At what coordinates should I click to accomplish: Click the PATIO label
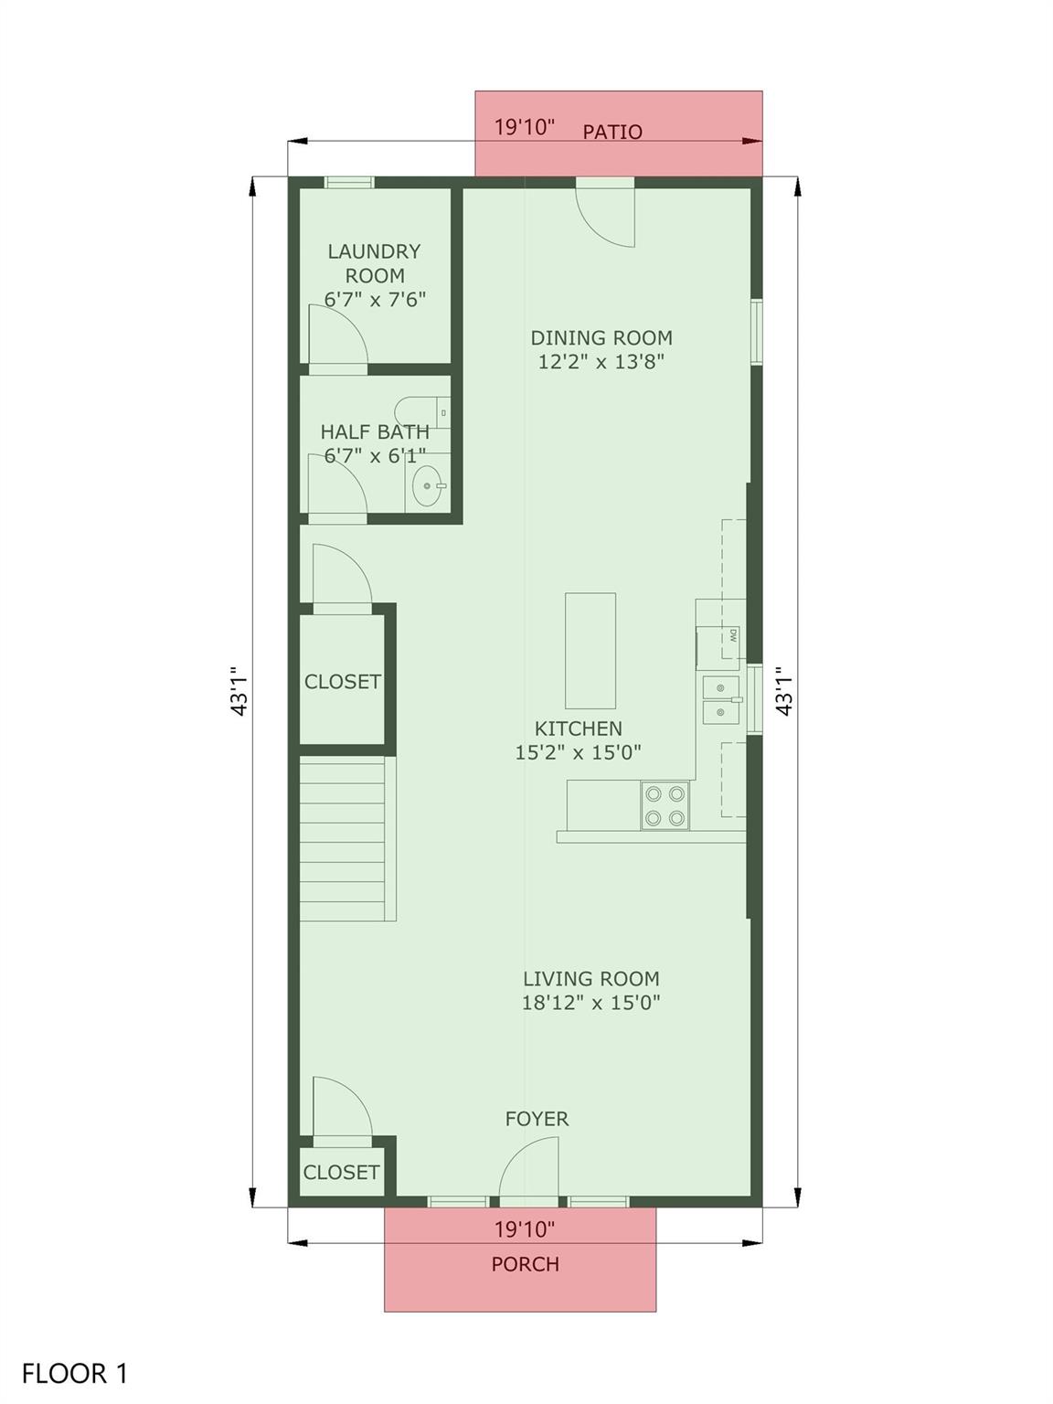612,132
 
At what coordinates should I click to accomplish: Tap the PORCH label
525,1264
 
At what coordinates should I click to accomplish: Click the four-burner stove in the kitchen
665,805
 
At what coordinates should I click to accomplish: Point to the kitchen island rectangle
590,651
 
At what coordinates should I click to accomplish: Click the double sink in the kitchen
722,700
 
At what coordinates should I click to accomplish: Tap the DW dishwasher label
733,636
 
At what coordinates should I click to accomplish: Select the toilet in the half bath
422,412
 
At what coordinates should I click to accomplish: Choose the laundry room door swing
338,335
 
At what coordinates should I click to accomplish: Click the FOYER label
537,1119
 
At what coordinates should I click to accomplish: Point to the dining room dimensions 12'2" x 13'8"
601,362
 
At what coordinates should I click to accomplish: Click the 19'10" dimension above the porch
525,1228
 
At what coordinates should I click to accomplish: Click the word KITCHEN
578,728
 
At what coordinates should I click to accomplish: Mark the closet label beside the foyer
342,1172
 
